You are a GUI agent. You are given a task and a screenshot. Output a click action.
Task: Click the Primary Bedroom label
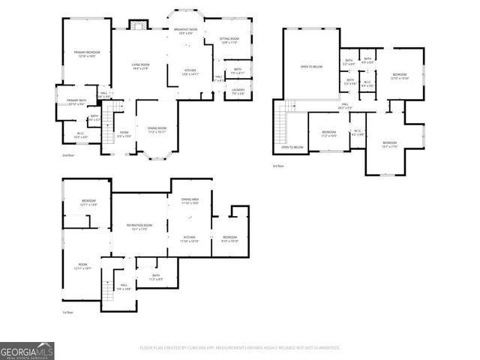[x=87, y=54]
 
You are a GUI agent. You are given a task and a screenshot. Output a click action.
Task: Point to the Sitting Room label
[x=229, y=40]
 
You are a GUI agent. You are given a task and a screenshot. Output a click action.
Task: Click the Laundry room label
[x=238, y=91]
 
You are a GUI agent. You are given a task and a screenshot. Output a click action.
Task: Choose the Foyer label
[x=124, y=134]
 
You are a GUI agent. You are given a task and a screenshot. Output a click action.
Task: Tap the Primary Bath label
[x=75, y=101]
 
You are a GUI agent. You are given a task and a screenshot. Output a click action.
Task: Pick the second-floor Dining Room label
[x=157, y=129]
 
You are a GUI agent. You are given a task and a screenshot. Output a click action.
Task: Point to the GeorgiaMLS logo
[x=26, y=349]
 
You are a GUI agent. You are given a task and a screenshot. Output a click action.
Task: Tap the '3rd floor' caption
[x=278, y=166]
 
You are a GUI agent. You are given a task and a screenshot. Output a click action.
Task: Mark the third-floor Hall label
[x=346, y=106]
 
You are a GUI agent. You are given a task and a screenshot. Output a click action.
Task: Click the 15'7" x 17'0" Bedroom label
[x=389, y=144]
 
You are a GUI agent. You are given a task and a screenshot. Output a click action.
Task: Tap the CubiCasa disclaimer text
[x=240, y=348]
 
